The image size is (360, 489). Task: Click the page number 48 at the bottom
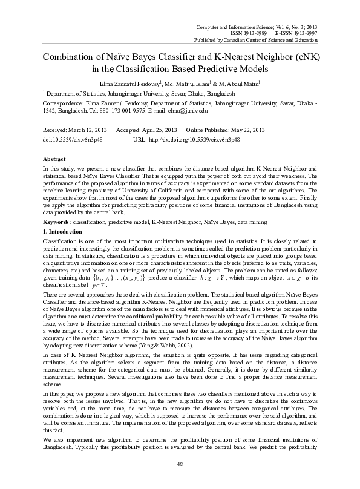(x=180, y=464)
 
